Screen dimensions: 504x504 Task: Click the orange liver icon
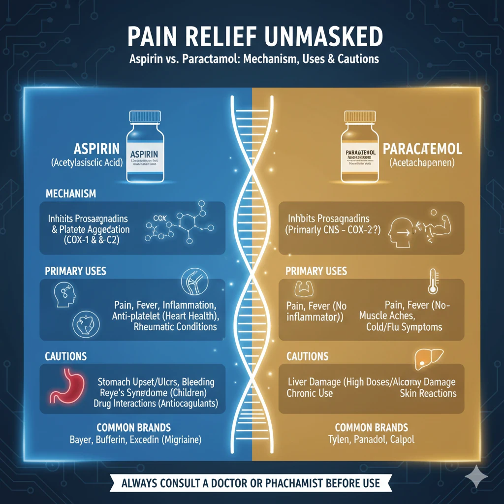coord(426,360)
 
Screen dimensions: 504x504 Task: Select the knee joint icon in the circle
coord(191,280)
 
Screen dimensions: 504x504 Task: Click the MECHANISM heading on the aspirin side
coord(71,194)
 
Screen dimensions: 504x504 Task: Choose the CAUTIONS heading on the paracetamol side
coord(307,356)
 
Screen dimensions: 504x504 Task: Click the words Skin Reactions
coord(428,393)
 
